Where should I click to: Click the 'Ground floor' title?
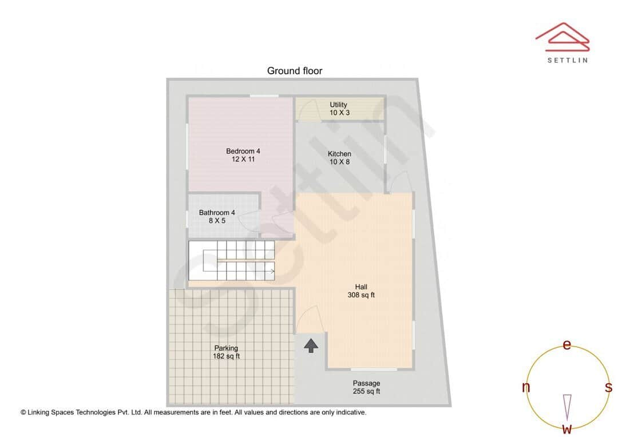[x=295, y=71]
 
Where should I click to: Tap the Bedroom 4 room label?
[x=243, y=151]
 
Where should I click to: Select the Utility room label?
[x=338, y=105]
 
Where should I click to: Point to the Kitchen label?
[x=339, y=154]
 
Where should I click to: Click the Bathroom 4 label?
[x=217, y=213]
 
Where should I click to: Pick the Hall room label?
[x=361, y=287]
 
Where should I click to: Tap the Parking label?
[x=226, y=348]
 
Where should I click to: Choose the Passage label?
[x=366, y=383]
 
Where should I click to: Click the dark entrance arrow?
[x=311, y=345]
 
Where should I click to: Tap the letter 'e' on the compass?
[x=566, y=344]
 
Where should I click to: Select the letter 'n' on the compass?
[x=526, y=387]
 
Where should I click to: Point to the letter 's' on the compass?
[x=608, y=387]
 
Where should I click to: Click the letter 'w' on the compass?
[x=566, y=428]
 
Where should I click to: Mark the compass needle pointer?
[x=567, y=406]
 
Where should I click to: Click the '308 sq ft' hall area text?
[x=361, y=295]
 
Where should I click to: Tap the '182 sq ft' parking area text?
[x=226, y=356]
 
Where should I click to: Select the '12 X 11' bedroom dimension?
[x=243, y=160]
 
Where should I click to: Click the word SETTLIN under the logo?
[x=566, y=59]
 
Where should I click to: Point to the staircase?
[x=231, y=260]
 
